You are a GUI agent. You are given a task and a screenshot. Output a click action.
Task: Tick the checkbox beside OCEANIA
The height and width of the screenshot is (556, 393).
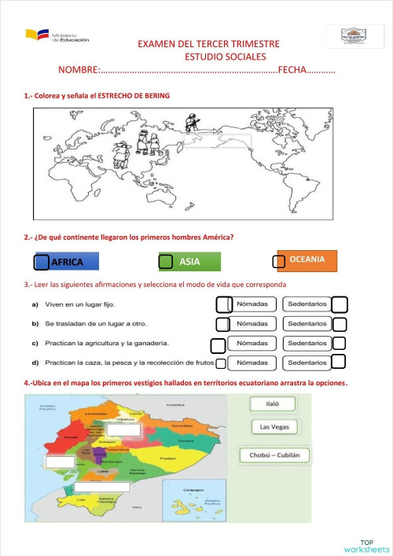pyautogui.click(x=279, y=262)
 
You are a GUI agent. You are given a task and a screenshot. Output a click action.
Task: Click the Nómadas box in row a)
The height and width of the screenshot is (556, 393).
pyautogui.click(x=252, y=304)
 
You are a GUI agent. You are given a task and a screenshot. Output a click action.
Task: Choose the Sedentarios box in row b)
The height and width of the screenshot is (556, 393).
pyautogui.click(x=307, y=324)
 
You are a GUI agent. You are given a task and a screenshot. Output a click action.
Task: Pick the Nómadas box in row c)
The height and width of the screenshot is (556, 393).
pyautogui.click(x=252, y=343)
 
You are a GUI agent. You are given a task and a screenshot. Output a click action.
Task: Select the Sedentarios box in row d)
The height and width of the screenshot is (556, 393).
pyautogui.click(x=307, y=363)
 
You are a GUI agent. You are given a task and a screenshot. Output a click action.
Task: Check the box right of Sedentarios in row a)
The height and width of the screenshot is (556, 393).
pyautogui.click(x=340, y=304)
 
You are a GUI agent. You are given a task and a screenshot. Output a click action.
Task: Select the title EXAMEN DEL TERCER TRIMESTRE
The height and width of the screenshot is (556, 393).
pyautogui.click(x=208, y=45)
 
